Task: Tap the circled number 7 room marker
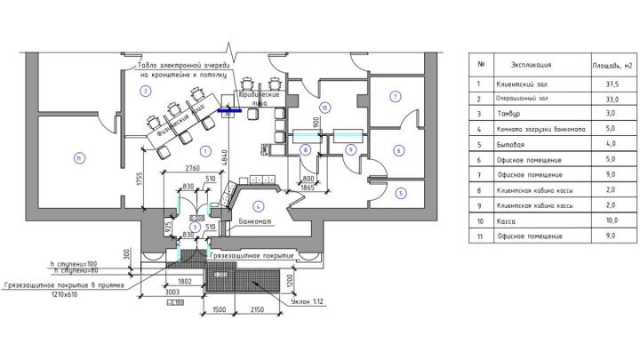(395, 95)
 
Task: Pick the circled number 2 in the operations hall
(143, 91)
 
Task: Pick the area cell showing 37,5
(612, 84)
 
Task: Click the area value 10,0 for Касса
(612, 220)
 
